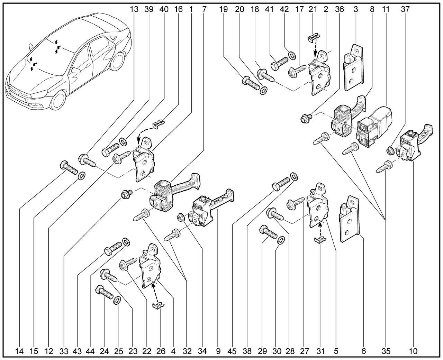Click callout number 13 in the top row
134,9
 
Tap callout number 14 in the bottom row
19,351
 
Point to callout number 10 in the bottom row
413,351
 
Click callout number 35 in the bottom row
386,351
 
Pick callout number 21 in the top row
313,9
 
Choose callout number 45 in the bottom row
232,351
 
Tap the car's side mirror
75,70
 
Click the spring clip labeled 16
157,123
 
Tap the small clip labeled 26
159,305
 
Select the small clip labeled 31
321,240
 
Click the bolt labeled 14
68,168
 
